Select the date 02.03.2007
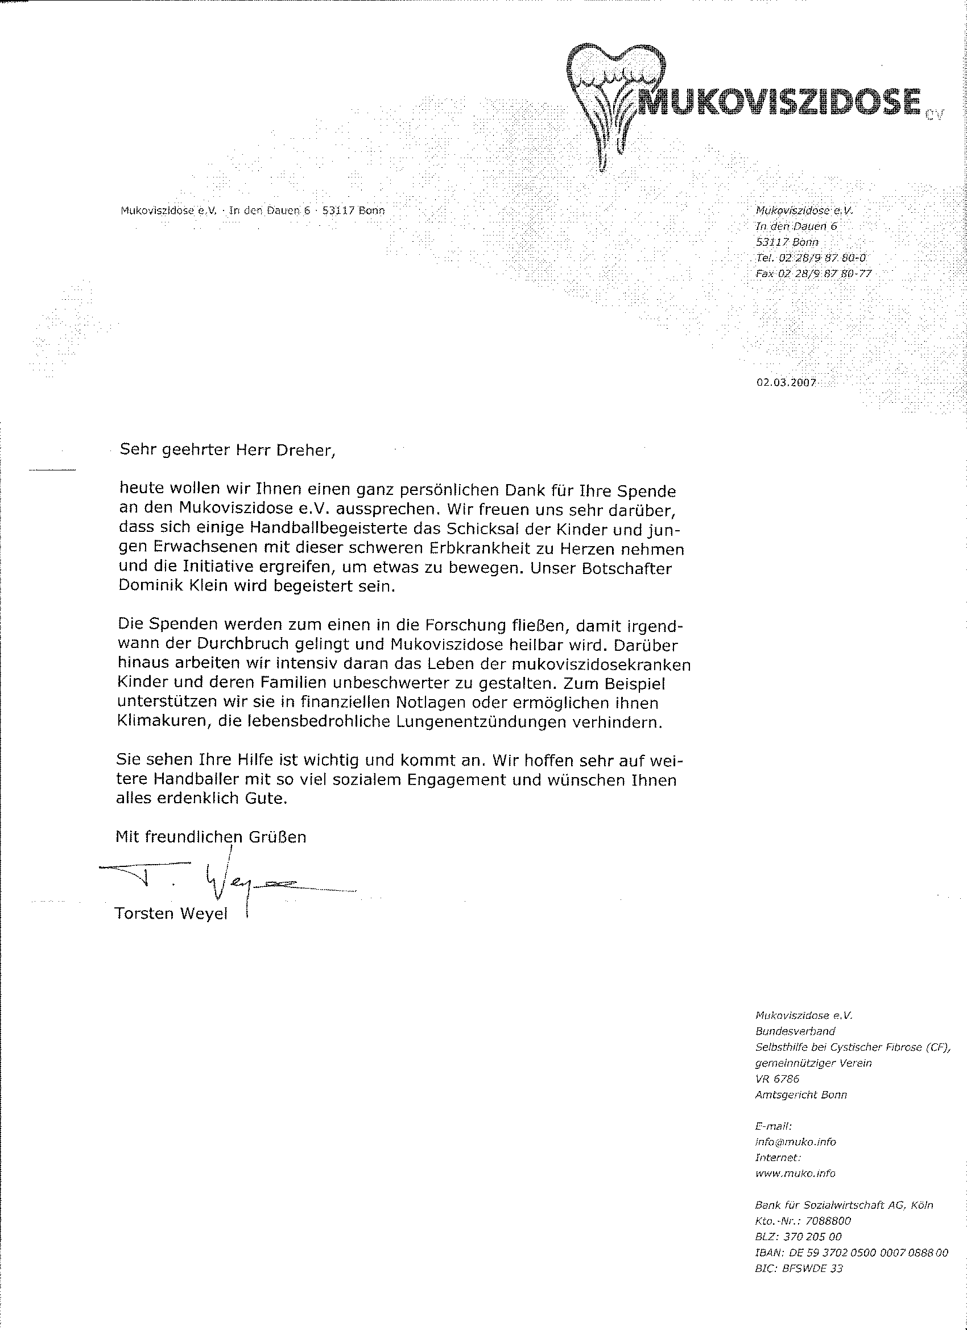[x=786, y=382]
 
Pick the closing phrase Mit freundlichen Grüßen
[x=210, y=836]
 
